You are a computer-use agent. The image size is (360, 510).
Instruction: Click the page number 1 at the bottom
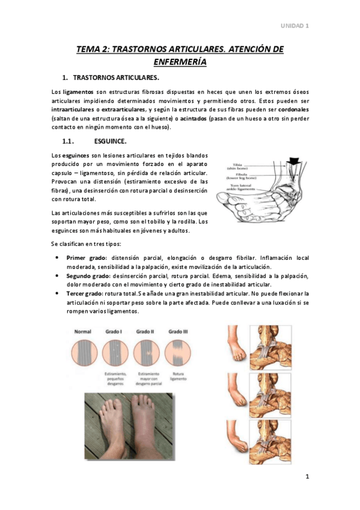click(307, 478)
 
